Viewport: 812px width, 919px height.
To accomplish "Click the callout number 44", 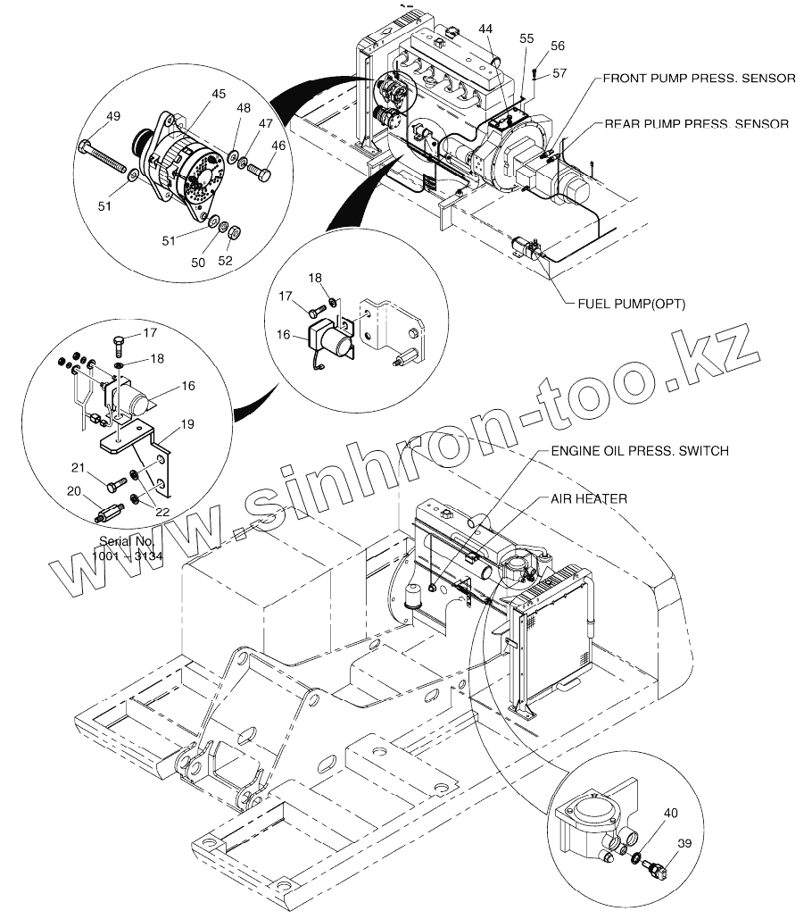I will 485,29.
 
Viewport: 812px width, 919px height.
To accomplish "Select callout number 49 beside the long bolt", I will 114,116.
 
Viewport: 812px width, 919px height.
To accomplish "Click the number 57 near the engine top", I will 559,72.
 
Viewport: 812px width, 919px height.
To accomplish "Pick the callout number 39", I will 685,842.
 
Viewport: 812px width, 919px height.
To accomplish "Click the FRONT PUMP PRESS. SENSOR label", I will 699,78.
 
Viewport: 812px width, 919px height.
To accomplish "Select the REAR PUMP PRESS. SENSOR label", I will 696,124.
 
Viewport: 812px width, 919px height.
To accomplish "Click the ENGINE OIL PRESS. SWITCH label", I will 638,451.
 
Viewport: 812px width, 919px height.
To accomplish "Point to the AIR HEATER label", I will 589,498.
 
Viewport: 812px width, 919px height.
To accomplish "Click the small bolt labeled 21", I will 114,487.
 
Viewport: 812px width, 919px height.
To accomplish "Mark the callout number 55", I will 527,38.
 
